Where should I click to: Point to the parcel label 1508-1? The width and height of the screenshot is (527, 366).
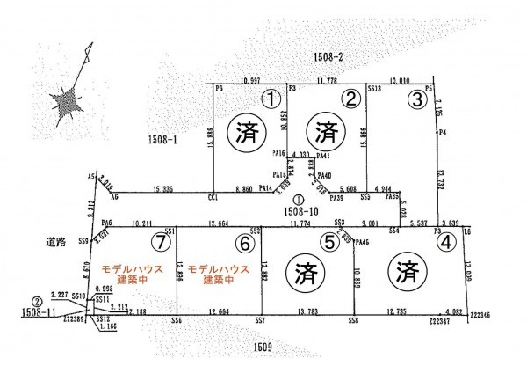click(x=163, y=140)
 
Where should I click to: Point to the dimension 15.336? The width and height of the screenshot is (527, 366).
click(x=161, y=188)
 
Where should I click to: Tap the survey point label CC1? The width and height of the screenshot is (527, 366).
click(x=212, y=200)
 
